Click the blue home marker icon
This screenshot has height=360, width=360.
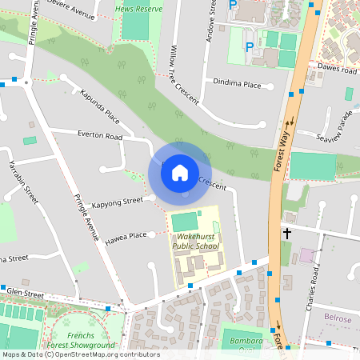click(180, 171)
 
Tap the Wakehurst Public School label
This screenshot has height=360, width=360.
click(196, 241)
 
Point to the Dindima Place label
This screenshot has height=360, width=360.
click(237, 82)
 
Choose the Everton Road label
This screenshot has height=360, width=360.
click(100, 137)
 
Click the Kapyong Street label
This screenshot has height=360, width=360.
click(117, 201)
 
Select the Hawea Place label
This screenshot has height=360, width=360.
click(126, 235)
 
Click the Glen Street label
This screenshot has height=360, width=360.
click(24, 294)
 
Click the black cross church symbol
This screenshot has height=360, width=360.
click(286, 234)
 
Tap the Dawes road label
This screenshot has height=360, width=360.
click(336, 70)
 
